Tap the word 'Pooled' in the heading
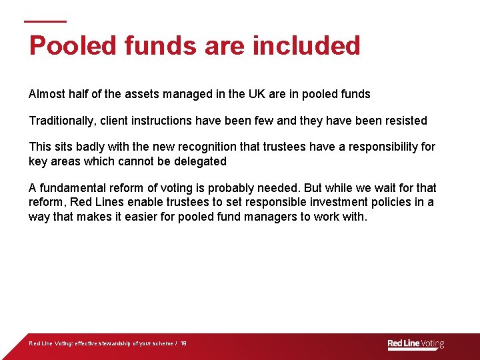(x=62, y=46)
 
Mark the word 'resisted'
(x=404, y=121)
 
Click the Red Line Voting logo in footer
(x=415, y=344)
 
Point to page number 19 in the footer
(x=183, y=344)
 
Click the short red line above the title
(x=45, y=21)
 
